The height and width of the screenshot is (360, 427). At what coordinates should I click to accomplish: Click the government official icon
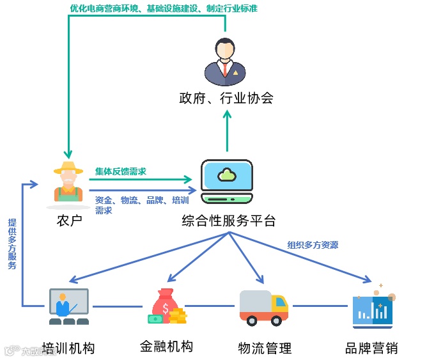[225, 62]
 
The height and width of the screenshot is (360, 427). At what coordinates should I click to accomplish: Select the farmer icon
[68, 185]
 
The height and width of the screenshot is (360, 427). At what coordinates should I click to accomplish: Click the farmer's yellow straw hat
[68, 169]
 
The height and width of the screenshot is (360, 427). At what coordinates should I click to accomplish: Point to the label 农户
[70, 221]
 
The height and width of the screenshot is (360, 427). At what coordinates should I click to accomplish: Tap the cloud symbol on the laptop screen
[226, 173]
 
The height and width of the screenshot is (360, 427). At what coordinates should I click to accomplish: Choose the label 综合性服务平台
[228, 221]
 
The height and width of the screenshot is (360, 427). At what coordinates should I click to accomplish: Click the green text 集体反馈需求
[121, 171]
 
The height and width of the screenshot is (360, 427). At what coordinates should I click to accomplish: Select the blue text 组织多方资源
[313, 245]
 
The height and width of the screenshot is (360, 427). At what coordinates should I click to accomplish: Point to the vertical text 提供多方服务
[12, 244]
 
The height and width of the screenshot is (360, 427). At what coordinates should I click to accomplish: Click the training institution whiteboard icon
[68, 306]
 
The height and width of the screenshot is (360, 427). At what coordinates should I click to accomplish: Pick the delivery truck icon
[263, 306]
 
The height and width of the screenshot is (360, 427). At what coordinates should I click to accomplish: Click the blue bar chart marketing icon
[374, 306]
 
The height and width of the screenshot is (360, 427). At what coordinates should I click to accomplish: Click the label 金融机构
[166, 347]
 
